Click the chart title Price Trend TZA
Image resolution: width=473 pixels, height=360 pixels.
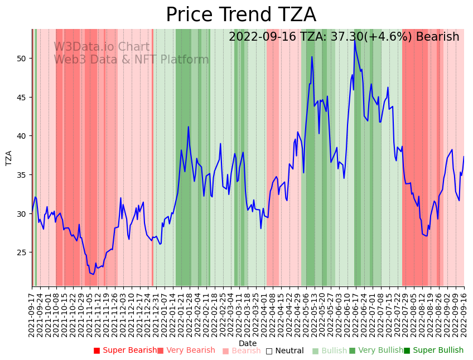[x=240, y=15]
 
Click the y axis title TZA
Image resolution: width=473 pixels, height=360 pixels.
[x=9, y=158]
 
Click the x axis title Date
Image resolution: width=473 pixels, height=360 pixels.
[x=248, y=343]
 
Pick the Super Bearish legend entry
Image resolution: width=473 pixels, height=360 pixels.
[x=125, y=351]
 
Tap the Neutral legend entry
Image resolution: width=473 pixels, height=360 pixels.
[x=284, y=351]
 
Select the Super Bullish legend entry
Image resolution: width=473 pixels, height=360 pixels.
[x=433, y=351]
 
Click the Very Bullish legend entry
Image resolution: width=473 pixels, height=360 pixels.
[x=376, y=351]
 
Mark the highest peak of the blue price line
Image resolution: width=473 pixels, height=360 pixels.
[x=354, y=40]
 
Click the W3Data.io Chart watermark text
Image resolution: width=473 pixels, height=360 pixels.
[x=102, y=47]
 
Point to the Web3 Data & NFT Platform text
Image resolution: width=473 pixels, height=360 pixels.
[x=131, y=60]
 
